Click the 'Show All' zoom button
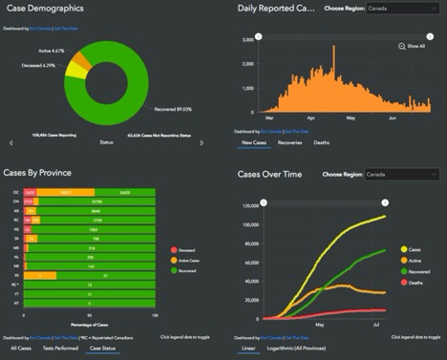[x=412, y=46]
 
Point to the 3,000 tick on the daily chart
[x=246, y=39]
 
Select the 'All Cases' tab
[x=19, y=349]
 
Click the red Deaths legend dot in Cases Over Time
[x=406, y=283]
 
